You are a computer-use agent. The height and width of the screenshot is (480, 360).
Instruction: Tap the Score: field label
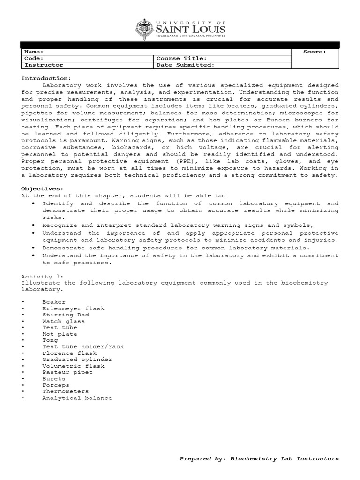pyautogui.click(x=314, y=52)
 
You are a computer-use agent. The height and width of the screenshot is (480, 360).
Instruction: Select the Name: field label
pyautogui.click(x=34, y=52)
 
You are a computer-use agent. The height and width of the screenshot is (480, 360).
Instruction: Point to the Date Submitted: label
pyautogui.click(x=185, y=65)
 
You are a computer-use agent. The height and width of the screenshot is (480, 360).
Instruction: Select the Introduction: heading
pyautogui.click(x=46, y=78)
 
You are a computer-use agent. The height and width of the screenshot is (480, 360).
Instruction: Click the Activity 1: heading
pyautogui.click(x=42, y=277)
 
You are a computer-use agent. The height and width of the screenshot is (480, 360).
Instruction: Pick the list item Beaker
pyautogui.click(x=54, y=302)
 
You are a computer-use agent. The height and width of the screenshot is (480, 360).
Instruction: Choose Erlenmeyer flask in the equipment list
pyautogui.click(x=73, y=308)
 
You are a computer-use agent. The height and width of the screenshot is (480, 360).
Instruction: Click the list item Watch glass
pyautogui.click(x=63, y=322)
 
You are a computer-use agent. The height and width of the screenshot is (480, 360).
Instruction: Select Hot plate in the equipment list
pyautogui.click(x=60, y=334)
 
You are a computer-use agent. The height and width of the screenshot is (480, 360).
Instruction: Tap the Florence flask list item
pyautogui.click(x=69, y=353)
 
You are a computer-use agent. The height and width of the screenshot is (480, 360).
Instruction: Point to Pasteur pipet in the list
pyautogui.click(x=67, y=373)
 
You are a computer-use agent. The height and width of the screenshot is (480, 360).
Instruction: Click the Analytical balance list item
pyautogui.click(x=77, y=398)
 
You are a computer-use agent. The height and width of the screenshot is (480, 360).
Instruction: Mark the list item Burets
pyautogui.click(x=54, y=379)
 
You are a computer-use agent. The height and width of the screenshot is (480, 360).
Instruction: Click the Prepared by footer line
pyautogui.click(x=259, y=458)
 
